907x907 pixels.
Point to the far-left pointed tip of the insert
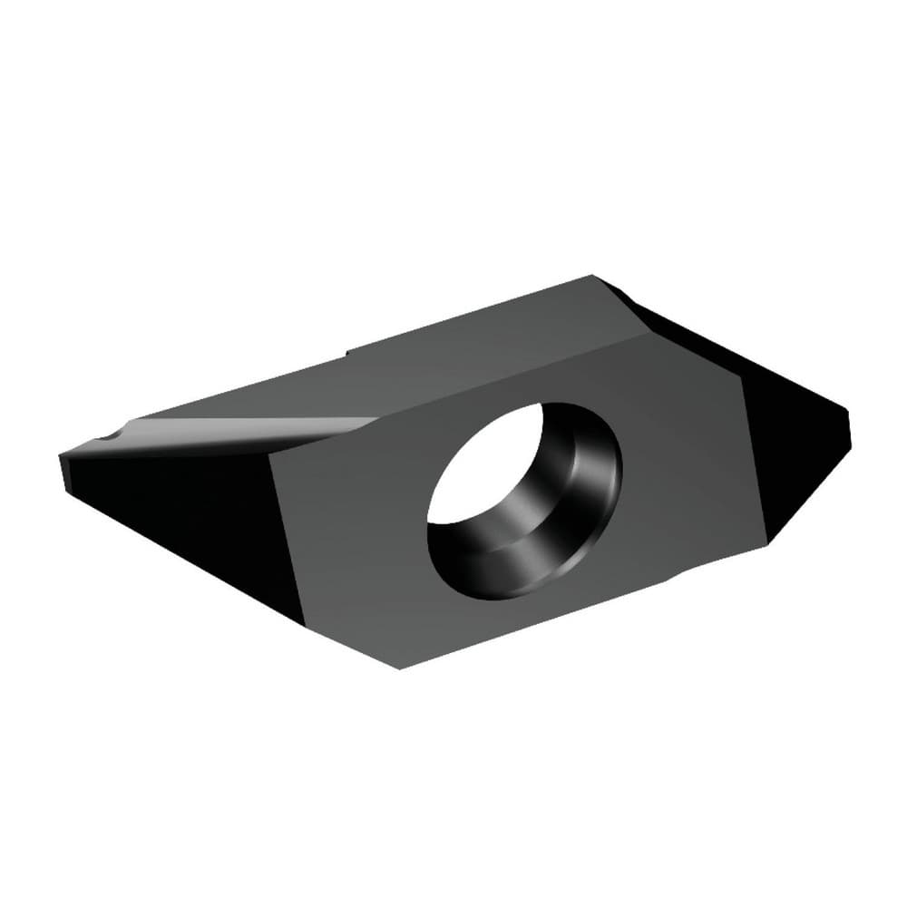[x=62, y=456]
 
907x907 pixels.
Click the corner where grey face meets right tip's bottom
[x=767, y=542]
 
